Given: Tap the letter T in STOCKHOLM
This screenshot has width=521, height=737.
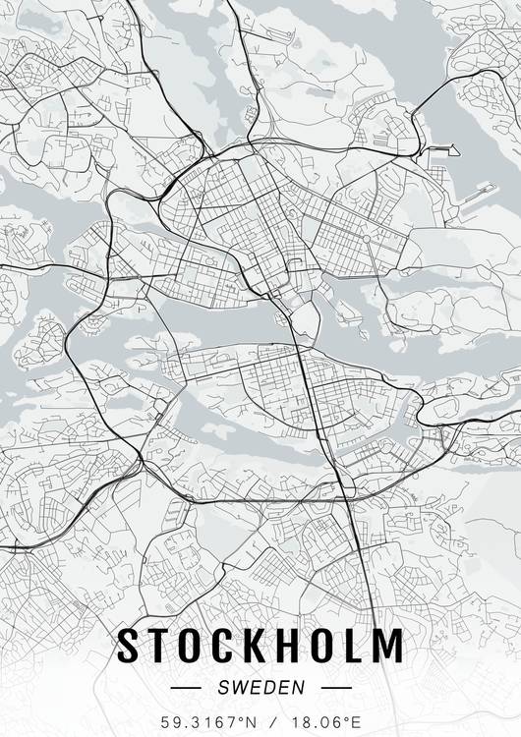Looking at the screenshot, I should (161, 646).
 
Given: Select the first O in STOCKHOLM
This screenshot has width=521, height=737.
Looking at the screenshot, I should (194, 646).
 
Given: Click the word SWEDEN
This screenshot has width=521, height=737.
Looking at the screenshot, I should (260, 688).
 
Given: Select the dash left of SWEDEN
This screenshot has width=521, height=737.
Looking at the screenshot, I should (185, 688).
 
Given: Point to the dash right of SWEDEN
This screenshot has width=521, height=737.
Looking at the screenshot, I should (336, 688).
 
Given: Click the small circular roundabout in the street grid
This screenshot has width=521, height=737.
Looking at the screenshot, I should (366, 239).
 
